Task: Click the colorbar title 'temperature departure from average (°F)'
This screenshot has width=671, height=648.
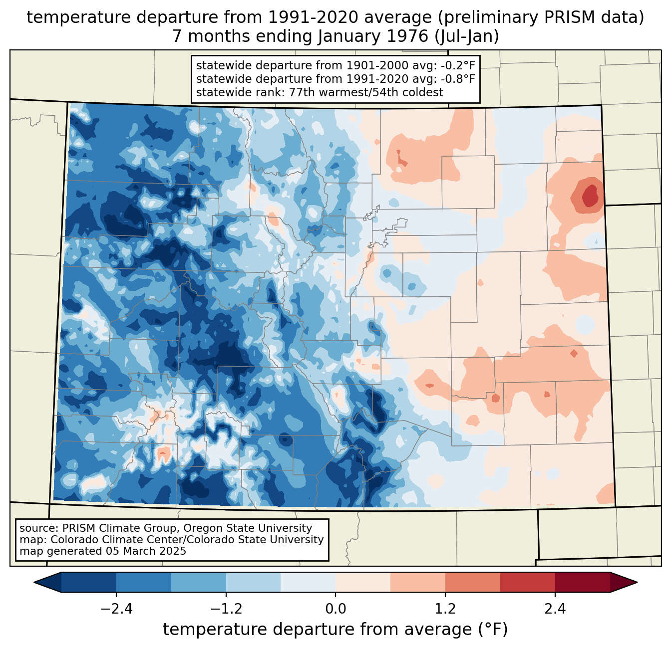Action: point(335,629)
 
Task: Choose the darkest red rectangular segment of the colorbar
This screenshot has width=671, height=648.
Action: point(582,582)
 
